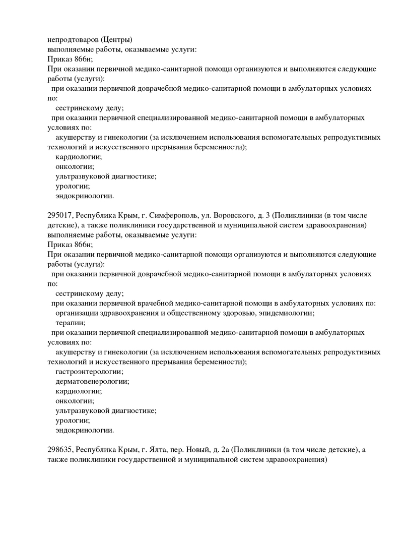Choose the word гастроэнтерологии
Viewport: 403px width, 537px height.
point(89,372)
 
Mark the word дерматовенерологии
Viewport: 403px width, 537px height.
point(92,381)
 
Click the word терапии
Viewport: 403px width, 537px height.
point(70,323)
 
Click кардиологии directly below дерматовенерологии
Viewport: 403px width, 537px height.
point(79,391)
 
